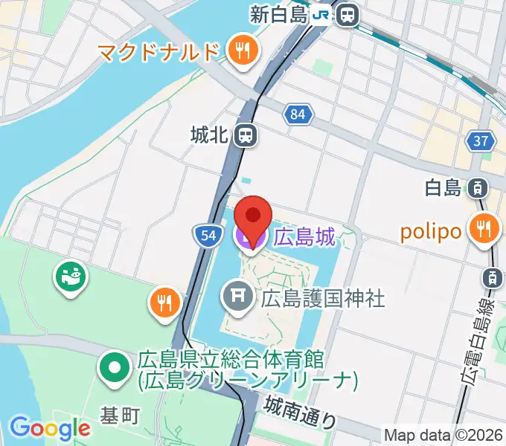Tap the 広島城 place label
coord(305,237)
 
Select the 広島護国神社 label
coord(322,299)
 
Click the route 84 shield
coord(298,114)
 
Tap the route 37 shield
coord(481,140)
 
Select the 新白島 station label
coord(279,14)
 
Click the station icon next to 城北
coord(244,135)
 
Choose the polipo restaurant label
coord(431,230)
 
